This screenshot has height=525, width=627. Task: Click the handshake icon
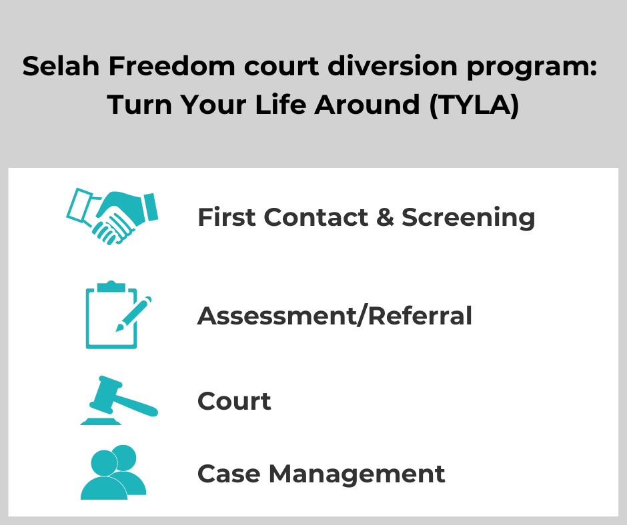click(112, 216)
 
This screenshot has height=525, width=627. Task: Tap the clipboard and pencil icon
click(118, 315)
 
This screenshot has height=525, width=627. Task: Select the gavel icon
click(119, 400)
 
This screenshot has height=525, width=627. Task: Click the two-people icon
click(113, 472)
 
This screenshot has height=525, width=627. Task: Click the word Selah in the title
click(61, 66)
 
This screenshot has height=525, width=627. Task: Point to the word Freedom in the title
click(172, 66)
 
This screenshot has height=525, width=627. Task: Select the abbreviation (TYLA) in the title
click(474, 105)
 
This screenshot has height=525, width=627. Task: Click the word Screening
click(468, 218)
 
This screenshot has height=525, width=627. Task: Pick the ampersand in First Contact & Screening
click(385, 218)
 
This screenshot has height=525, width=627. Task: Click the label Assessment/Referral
click(335, 316)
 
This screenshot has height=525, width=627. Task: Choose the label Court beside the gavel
click(234, 400)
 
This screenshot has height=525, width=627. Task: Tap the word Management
click(357, 474)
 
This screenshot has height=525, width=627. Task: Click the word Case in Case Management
click(229, 474)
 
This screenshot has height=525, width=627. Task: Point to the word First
click(226, 218)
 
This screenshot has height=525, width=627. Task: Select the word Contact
click(316, 218)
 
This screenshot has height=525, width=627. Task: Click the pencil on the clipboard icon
click(133, 314)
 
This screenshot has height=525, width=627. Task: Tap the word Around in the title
click(367, 105)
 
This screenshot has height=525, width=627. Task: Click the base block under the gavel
click(101, 421)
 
